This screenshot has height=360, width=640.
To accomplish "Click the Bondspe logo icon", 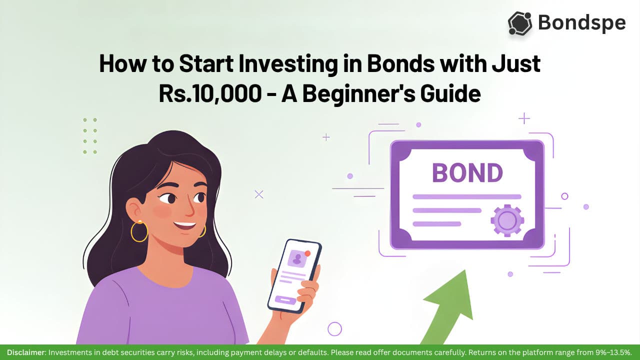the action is click(x=519, y=23).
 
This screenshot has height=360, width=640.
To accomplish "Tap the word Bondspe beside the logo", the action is click(x=581, y=23).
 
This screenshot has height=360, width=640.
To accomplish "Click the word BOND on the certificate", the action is click(x=467, y=173).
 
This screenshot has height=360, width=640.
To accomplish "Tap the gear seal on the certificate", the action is click(x=507, y=220).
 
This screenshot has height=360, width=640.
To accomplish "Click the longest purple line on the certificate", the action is click(x=467, y=196).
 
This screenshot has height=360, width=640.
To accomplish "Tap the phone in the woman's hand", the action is click(x=294, y=276).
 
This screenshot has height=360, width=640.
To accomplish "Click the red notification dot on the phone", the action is click(x=307, y=253).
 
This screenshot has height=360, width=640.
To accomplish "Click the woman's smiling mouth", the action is click(x=184, y=225).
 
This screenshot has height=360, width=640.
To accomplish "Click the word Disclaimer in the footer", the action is click(x=25, y=352).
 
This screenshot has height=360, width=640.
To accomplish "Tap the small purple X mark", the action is click(x=259, y=194).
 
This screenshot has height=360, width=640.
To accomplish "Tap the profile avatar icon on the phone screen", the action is click(x=297, y=258).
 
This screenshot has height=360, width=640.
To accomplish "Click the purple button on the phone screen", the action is click(x=285, y=300).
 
